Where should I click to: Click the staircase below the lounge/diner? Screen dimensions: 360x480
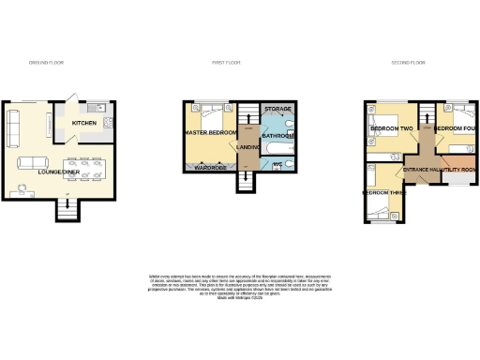click(x=67, y=210)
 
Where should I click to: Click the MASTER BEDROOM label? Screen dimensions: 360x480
click(x=208, y=133)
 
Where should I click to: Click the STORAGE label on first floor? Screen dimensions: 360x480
click(x=278, y=109)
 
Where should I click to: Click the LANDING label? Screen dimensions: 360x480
click(x=248, y=146)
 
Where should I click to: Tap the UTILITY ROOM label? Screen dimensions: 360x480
click(x=457, y=169)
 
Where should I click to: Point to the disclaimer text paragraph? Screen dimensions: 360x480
click(x=241, y=285)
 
